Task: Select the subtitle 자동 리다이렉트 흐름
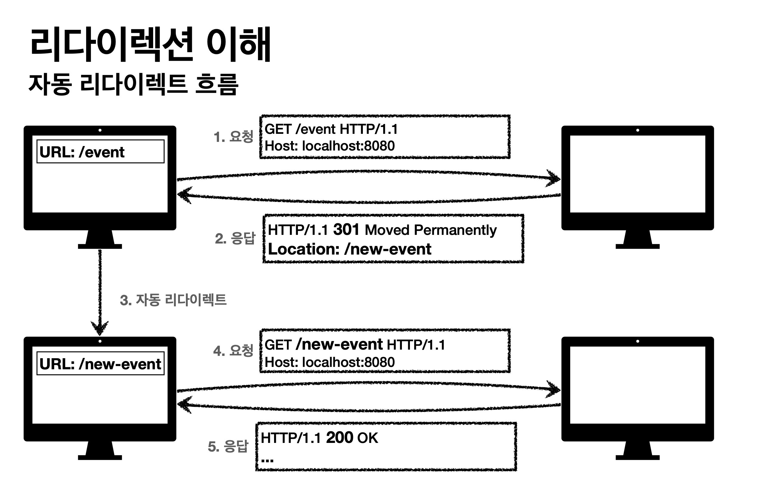pyautogui.click(x=133, y=84)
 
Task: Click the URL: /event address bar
pyautogui.click(x=100, y=152)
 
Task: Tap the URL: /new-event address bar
pyautogui.click(x=100, y=364)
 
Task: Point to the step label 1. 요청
pyautogui.click(x=233, y=137)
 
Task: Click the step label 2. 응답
pyautogui.click(x=235, y=238)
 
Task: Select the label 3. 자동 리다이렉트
pyautogui.click(x=173, y=300)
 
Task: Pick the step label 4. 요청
pyautogui.click(x=233, y=351)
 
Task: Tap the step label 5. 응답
pyautogui.click(x=228, y=446)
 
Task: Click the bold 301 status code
pyautogui.click(x=346, y=230)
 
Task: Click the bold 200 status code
pyautogui.click(x=339, y=438)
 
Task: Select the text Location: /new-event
pyautogui.click(x=349, y=249)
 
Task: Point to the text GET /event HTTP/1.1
pyautogui.click(x=331, y=129)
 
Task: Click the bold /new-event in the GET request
pyautogui.click(x=339, y=344)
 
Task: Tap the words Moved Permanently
pyautogui.click(x=431, y=230)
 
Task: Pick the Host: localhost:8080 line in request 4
pyautogui.click(x=330, y=362)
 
